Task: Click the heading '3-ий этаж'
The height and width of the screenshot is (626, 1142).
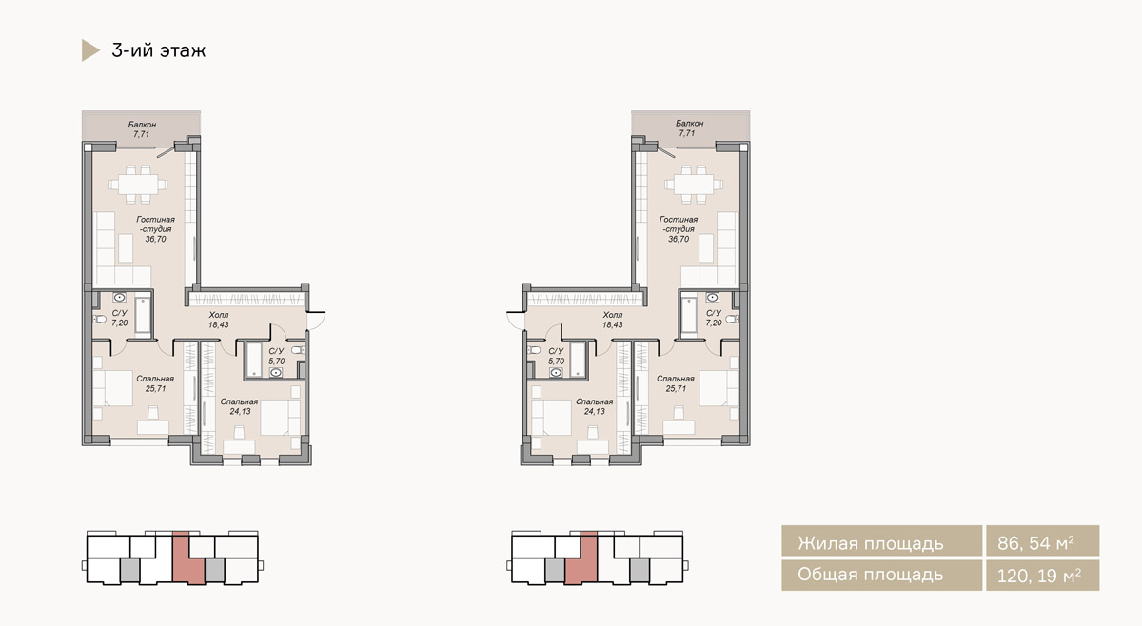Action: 159,50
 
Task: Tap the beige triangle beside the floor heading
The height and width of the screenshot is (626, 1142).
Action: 89,50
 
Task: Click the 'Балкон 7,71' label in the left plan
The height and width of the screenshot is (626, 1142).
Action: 142,129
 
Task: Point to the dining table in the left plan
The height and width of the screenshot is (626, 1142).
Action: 138,184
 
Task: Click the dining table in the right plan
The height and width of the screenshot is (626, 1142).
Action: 694,184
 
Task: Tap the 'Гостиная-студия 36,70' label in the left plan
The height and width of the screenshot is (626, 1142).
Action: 155,229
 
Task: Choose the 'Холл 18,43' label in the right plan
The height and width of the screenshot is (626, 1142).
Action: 612,320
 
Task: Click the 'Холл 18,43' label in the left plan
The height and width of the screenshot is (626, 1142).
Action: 218,320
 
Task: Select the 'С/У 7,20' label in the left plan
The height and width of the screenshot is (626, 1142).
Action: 119,318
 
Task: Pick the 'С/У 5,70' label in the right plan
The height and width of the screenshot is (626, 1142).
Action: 556,356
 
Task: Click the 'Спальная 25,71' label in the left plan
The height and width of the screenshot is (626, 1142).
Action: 155,383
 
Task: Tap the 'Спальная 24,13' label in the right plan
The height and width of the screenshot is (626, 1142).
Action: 595,406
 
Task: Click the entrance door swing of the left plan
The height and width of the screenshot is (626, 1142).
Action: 317,322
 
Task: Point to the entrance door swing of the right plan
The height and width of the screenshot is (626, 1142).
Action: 515,322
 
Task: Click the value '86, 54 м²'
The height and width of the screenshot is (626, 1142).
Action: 1035,543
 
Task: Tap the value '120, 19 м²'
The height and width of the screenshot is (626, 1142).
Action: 1038,576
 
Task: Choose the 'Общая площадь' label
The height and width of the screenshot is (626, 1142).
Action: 870,575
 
